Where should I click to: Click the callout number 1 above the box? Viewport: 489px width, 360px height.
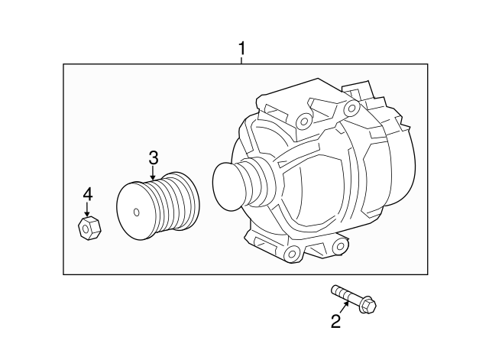coord(241,50)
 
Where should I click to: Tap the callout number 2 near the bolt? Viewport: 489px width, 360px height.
coord(335,322)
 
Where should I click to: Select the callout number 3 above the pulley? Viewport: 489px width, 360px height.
coord(153,158)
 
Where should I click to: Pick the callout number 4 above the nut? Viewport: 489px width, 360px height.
coord(88,194)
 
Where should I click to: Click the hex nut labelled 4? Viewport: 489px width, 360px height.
coord(87,226)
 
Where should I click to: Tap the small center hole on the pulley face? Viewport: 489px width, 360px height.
coord(135,212)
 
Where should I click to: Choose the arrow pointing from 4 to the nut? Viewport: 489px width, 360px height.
coord(87,209)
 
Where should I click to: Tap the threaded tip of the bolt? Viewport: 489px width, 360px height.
coord(336,290)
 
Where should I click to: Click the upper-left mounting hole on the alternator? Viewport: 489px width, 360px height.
coord(303,119)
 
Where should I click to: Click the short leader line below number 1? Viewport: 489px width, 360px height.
coord(241,62)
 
